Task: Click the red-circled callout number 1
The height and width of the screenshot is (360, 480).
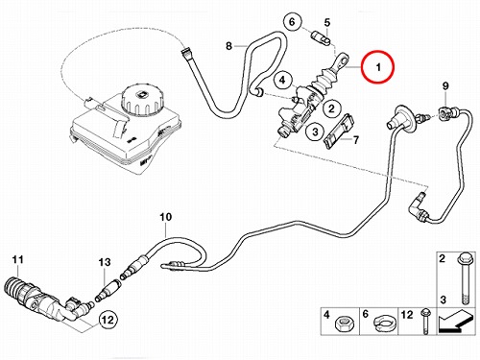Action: pyautogui.click(x=378, y=67)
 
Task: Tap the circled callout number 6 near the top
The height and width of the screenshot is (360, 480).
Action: pyautogui.click(x=292, y=22)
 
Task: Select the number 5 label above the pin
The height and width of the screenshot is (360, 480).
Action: pyautogui.click(x=327, y=23)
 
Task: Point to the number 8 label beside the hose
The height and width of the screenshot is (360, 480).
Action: pyautogui.click(x=228, y=46)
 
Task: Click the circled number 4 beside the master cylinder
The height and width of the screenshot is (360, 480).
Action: pyautogui.click(x=282, y=80)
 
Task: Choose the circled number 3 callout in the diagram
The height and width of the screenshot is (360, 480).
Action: pyautogui.click(x=315, y=132)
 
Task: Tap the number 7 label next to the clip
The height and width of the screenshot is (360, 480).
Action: pyautogui.click(x=355, y=140)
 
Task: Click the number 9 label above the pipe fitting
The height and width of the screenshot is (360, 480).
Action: pyautogui.click(x=445, y=85)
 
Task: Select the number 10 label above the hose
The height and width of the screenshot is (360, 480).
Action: pyautogui.click(x=166, y=217)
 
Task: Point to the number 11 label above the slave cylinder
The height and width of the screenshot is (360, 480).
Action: pyautogui.click(x=18, y=259)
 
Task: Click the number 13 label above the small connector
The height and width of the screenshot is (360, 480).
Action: pyautogui.click(x=105, y=262)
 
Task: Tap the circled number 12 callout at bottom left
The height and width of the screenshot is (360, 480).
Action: pyautogui.click(x=108, y=320)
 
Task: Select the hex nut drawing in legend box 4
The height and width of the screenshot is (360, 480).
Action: pyautogui.click(x=345, y=324)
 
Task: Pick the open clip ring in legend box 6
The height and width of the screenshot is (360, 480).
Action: pyautogui.click(x=384, y=324)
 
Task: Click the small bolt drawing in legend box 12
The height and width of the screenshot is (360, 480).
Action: pyautogui.click(x=425, y=322)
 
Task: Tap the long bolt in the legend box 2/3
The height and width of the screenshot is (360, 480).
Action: pyautogui.click(x=464, y=278)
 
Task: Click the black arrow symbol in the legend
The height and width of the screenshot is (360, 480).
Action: pyautogui.click(x=455, y=322)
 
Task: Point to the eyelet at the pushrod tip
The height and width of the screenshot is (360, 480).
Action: pyautogui.click(x=343, y=60)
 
